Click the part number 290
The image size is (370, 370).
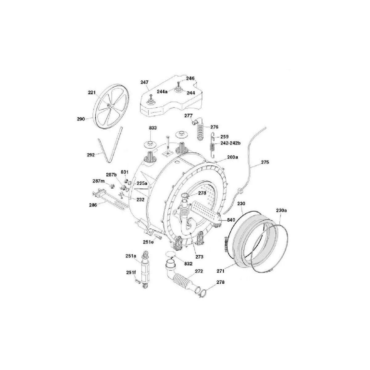click(x=81, y=119)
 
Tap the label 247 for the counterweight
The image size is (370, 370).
click(x=144, y=82)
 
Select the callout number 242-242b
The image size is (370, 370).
click(x=230, y=143)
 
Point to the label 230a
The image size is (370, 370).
click(x=282, y=211)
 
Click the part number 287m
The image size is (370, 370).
click(x=99, y=181)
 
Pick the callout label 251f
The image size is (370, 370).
click(x=131, y=272)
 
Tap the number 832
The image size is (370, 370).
click(x=188, y=264)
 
